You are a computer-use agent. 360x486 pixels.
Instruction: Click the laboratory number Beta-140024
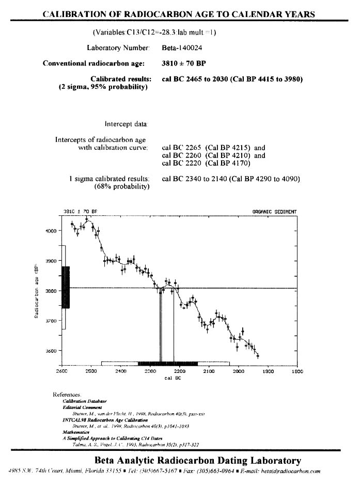(180, 48)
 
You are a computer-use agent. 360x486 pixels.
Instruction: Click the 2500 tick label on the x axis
(91, 371)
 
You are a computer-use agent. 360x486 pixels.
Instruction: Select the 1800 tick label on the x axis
(297, 371)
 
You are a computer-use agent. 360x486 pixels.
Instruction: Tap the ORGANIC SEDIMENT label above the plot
(274, 212)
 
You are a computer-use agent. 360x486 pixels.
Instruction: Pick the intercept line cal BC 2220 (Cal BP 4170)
(206, 164)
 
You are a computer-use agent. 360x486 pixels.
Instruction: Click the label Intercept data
(127, 124)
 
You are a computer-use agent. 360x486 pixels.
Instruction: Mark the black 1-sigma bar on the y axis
(66, 287)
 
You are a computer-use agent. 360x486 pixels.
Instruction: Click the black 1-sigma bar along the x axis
(167, 363)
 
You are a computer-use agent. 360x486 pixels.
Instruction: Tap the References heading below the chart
(67, 394)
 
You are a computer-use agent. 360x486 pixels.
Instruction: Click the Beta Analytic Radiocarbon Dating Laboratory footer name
(197, 460)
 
